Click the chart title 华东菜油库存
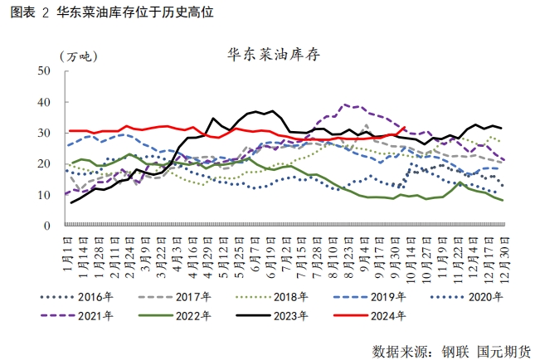(x=275, y=56)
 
